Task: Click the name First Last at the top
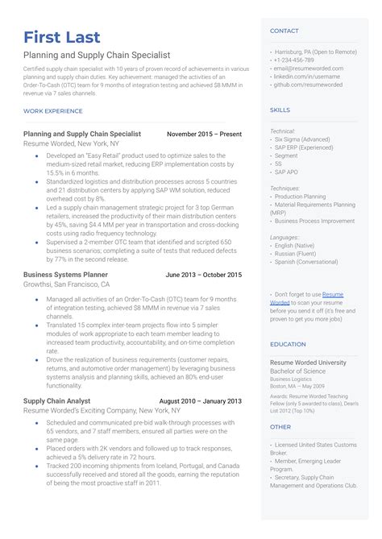point(62,37)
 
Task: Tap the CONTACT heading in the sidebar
point(284,31)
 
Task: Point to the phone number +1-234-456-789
point(294,60)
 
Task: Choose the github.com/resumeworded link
point(308,84)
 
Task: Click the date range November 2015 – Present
point(204,134)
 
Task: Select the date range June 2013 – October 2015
point(203,275)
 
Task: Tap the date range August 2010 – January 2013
point(200,400)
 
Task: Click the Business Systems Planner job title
point(66,275)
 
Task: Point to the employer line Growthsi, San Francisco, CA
point(67,284)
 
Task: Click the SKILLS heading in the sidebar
point(280,110)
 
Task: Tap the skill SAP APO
point(287,172)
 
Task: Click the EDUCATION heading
point(288,344)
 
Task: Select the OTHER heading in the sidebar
point(280,427)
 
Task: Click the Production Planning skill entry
point(301,197)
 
